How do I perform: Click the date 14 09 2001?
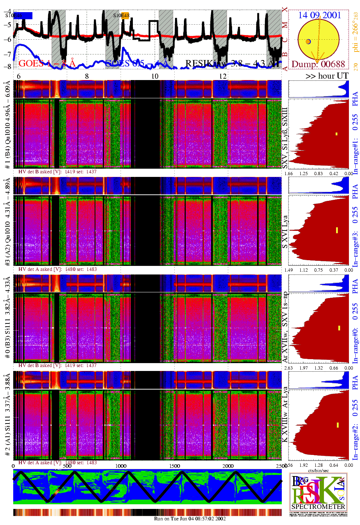click(x=319, y=15)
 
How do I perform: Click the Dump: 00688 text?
click(x=318, y=64)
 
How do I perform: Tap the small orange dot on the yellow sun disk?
click(x=308, y=42)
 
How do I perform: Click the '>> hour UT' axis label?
click(x=327, y=76)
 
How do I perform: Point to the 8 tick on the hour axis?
click(x=87, y=76)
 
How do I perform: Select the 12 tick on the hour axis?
click(x=223, y=76)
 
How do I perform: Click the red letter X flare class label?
click(x=285, y=10)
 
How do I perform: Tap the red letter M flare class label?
click(x=285, y=25)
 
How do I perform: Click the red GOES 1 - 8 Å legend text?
click(x=47, y=64)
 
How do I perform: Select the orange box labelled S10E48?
click(x=125, y=15)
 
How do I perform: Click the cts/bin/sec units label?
click(x=318, y=470)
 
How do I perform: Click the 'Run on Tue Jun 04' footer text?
click(x=190, y=519)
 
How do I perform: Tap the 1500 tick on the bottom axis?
click(x=175, y=466)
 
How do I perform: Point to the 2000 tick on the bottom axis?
click(x=228, y=466)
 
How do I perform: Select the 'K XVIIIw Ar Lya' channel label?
click(x=285, y=415)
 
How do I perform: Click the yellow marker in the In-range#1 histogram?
click(x=336, y=134)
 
